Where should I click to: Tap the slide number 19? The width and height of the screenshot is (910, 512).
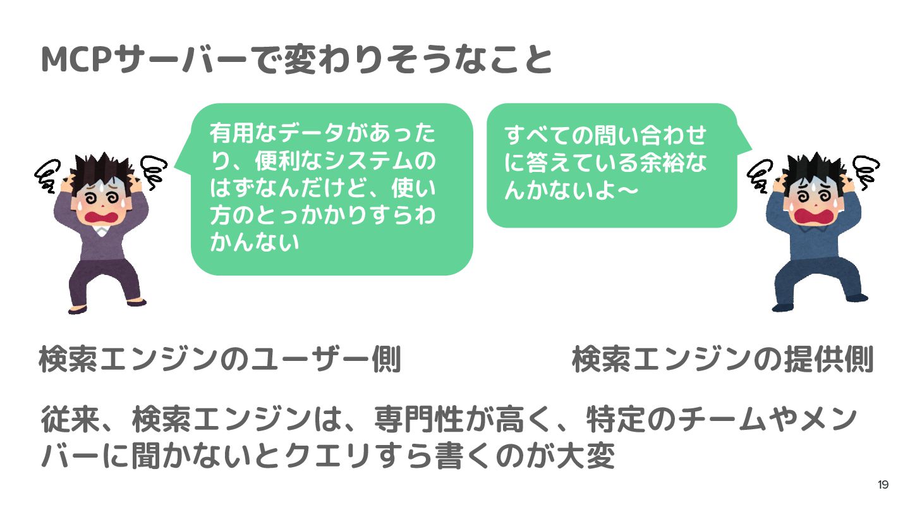(x=883, y=485)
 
